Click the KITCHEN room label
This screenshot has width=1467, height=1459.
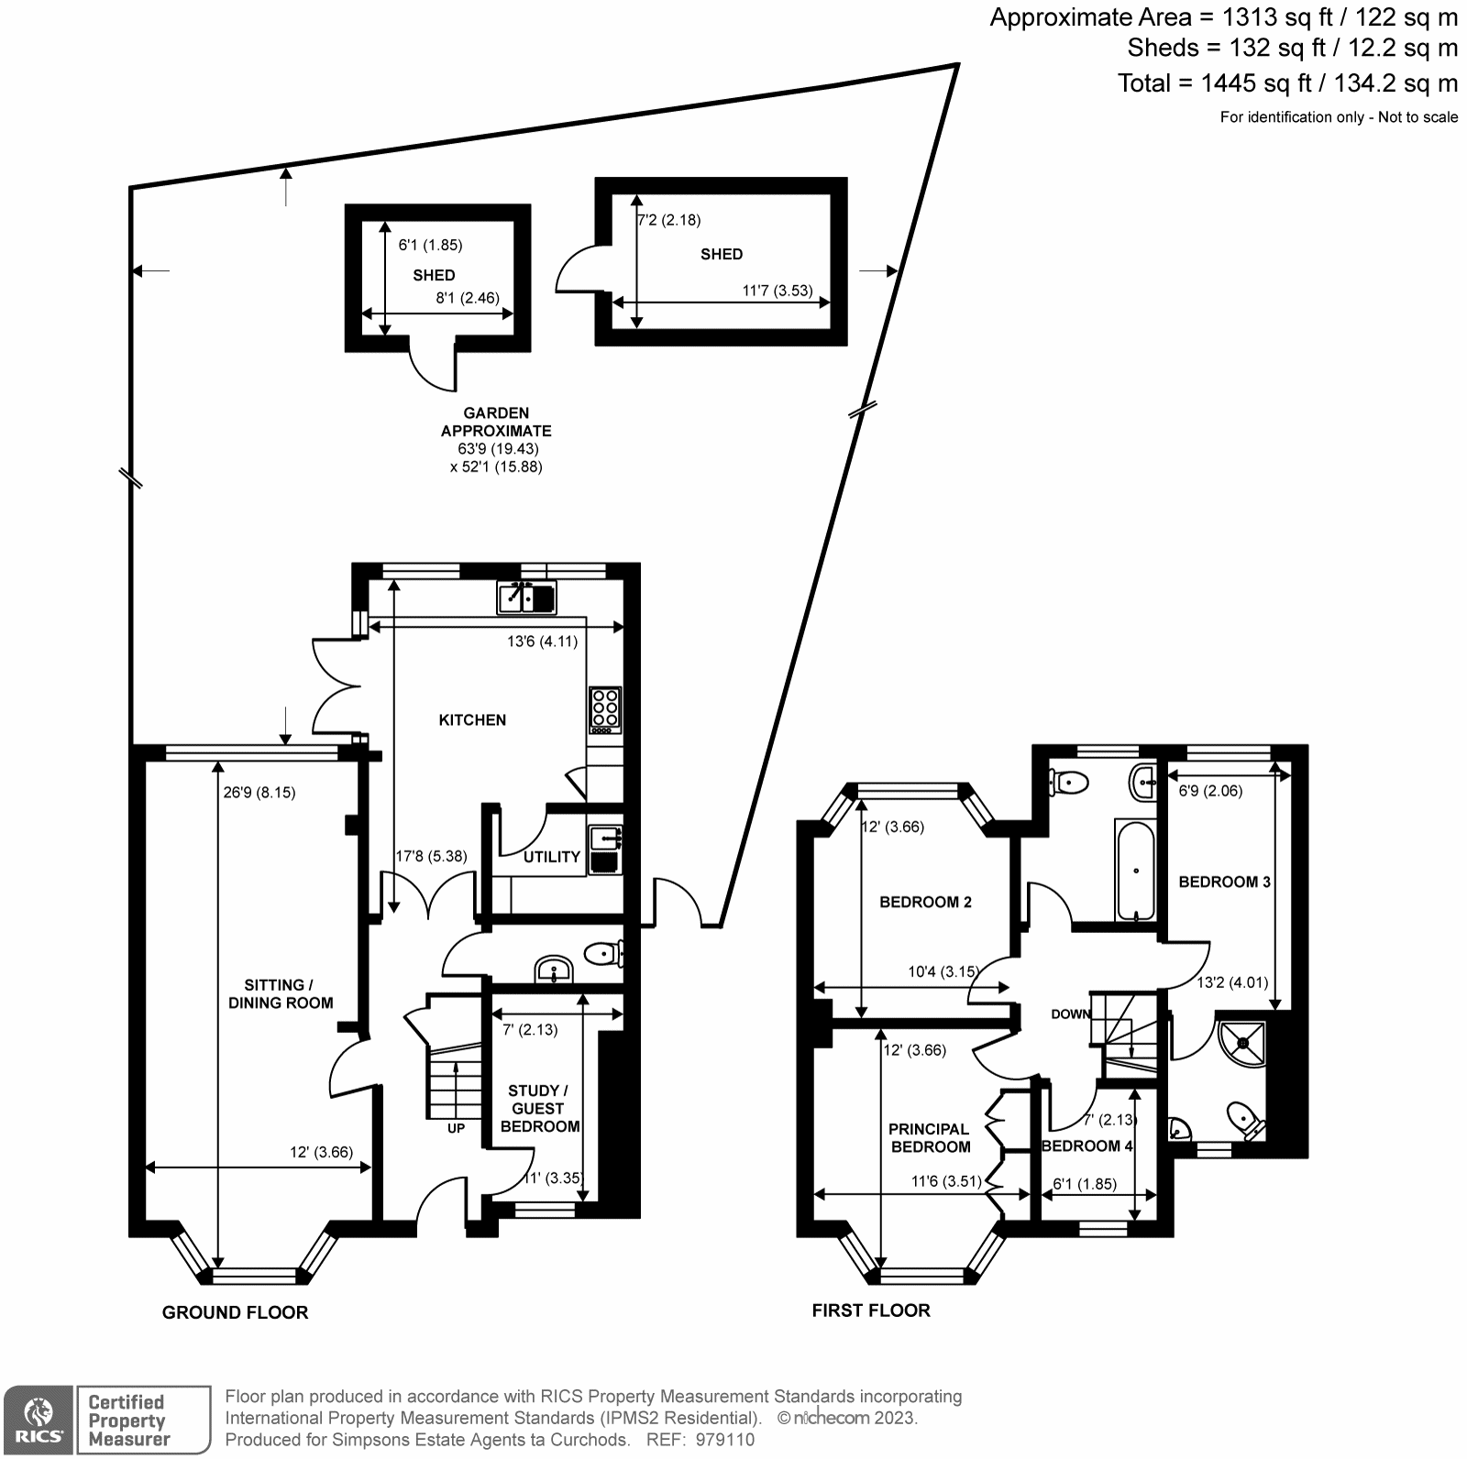click(x=472, y=720)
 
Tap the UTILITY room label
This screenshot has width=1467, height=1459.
click(x=551, y=857)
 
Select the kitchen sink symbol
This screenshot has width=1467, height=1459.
click(x=526, y=598)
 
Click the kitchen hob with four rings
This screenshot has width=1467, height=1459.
click(x=605, y=709)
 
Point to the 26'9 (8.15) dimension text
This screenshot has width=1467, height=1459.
click(x=259, y=793)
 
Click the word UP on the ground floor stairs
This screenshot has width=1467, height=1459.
click(x=456, y=1128)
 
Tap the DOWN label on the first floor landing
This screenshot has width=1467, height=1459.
click(x=1070, y=1014)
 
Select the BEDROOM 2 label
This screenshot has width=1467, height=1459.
click(x=925, y=902)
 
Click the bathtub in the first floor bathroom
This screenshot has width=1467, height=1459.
click(x=1135, y=871)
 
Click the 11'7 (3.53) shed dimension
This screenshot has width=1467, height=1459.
click(x=777, y=291)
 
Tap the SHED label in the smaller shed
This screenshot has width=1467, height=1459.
click(x=434, y=275)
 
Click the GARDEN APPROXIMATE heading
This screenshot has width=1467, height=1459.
click(x=496, y=422)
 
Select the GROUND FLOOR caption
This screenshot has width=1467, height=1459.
click(x=235, y=1312)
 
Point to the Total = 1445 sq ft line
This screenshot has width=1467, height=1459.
click(x=1286, y=83)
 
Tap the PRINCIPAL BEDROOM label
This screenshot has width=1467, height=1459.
click(x=929, y=1137)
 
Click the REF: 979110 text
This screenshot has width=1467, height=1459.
click(x=700, y=1440)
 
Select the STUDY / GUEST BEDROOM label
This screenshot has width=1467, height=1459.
click(x=539, y=1108)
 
